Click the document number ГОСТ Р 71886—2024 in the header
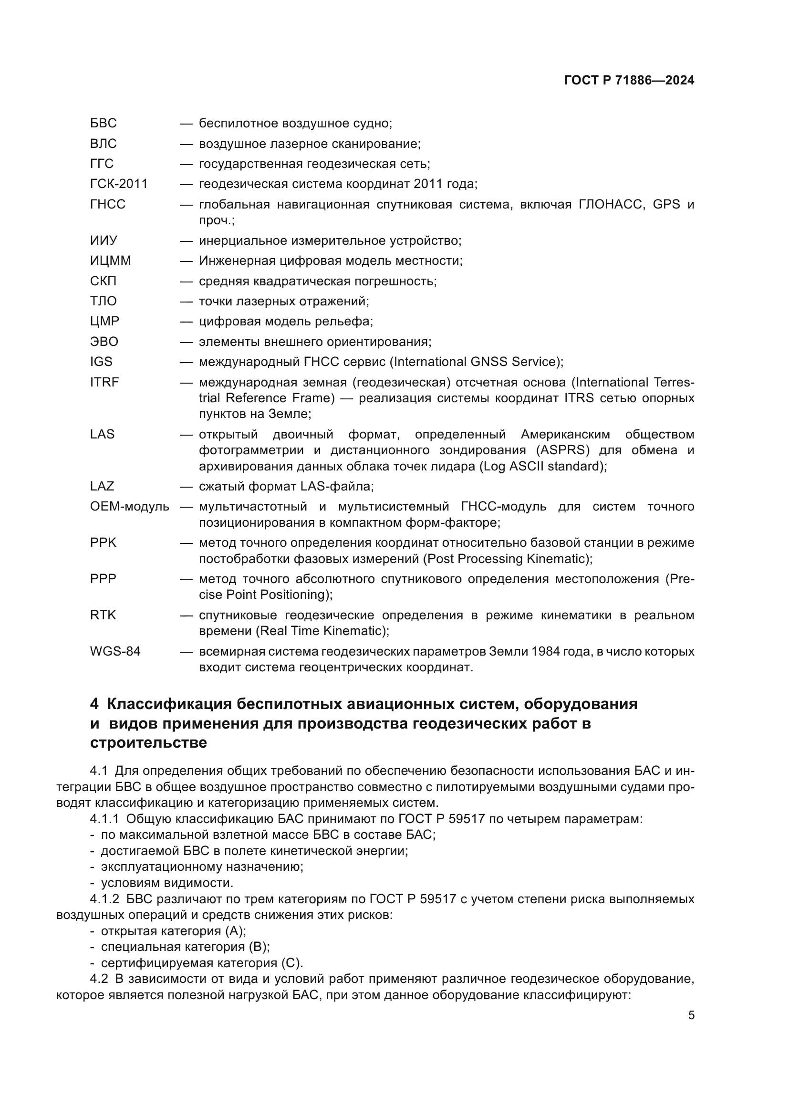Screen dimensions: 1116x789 click(x=629, y=81)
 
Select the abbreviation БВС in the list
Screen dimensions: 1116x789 click(x=103, y=124)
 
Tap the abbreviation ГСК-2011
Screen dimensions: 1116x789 click(x=119, y=184)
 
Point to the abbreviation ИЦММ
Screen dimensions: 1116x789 click(x=110, y=261)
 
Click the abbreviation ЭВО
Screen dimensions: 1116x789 click(x=104, y=342)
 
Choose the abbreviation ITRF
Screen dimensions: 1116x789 click(x=104, y=383)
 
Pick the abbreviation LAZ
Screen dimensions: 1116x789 click(x=102, y=487)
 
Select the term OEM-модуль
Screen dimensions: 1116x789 click(x=129, y=507)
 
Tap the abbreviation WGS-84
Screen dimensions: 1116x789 click(x=115, y=651)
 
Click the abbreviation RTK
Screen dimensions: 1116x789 click(x=103, y=615)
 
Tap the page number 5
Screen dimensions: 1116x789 click(x=691, y=1015)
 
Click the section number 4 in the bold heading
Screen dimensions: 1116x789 click(x=94, y=704)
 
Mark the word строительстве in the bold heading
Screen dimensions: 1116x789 click(x=148, y=743)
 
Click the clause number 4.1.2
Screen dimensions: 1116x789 click(x=104, y=899)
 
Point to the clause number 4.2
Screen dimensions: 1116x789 click(x=99, y=979)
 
